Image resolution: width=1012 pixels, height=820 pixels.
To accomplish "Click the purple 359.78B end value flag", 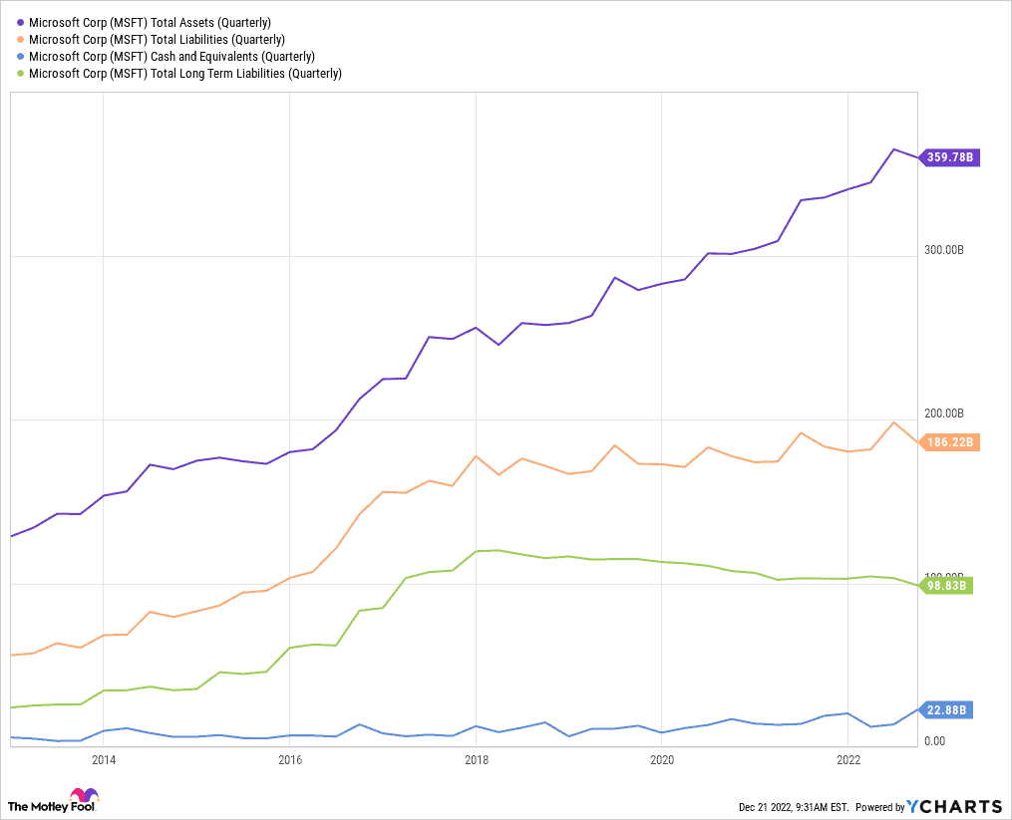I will pos(950,157).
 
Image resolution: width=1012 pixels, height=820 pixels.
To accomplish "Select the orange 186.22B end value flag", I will pos(950,442).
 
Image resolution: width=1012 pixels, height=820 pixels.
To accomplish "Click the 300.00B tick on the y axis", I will pos(942,250).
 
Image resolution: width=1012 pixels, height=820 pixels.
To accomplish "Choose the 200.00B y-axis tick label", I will pos(942,413).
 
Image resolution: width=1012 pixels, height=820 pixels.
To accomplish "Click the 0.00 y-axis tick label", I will pos(934,741).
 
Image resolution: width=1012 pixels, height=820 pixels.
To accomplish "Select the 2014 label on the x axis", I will pos(103,760).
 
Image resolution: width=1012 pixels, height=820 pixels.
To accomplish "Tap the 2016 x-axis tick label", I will pos(289,760).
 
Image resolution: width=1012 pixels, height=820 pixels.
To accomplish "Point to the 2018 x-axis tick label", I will pos(476,760).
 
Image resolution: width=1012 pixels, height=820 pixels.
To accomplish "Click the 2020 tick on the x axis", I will pos(662,760).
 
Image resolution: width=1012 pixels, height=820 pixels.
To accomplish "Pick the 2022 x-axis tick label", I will pos(847,760).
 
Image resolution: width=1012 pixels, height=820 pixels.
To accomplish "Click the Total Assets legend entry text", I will pos(150,22).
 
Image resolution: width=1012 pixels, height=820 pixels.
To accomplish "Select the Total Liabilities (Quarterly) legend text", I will pos(157,39).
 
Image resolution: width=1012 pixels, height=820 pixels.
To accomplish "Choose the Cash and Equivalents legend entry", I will pos(171,56).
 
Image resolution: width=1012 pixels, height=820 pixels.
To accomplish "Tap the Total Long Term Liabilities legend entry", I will pos(185,73).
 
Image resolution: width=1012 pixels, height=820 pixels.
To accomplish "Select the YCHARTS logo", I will pos(955,806).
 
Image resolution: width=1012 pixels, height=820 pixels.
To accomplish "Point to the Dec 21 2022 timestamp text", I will pos(793,807).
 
